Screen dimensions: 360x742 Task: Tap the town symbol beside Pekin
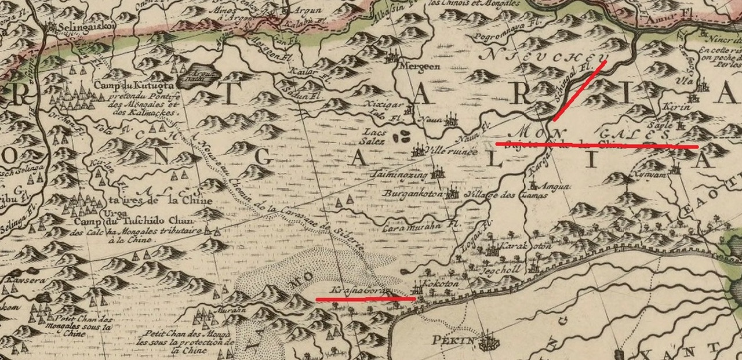(488, 340)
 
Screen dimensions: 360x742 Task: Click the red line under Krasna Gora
(365, 299)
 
